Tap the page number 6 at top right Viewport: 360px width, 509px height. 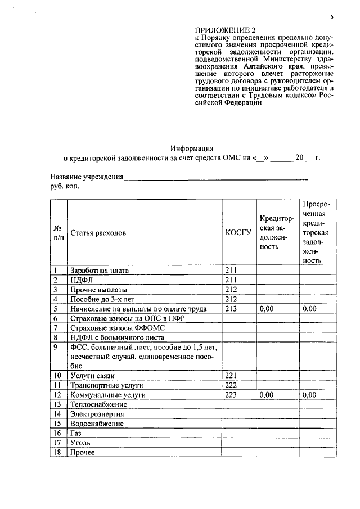tap(332, 17)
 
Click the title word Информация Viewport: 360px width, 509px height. tap(192, 149)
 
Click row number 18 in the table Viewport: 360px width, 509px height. tap(57, 453)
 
